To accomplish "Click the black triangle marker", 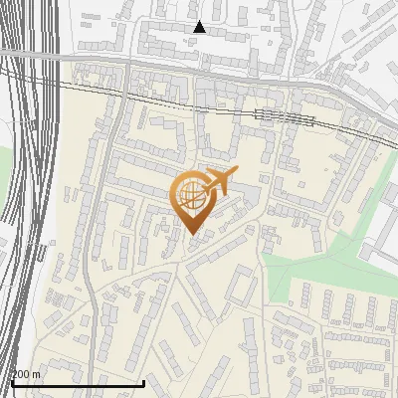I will pos(199,27).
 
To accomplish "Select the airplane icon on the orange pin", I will pos(220,181).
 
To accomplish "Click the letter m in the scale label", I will pos(37,374).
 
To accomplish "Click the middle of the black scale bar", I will pos(77,383).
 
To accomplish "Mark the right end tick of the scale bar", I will pos(144,382).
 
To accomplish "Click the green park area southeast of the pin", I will pos(298,267).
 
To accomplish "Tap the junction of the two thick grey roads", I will pos(127,64).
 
